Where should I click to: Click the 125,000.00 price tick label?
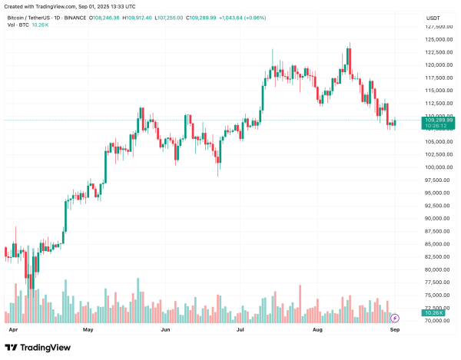pos(435,28)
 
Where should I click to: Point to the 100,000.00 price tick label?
pos(435,167)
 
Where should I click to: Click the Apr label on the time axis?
pos(12,329)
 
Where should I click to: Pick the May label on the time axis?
pos(88,329)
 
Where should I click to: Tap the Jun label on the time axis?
pos(165,329)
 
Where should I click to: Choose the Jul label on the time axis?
pos(240,329)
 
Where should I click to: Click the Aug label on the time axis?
pos(318,329)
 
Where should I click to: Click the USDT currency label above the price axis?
pos(433,17)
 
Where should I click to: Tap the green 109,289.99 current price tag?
pos(437,121)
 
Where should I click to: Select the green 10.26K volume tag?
pos(434,313)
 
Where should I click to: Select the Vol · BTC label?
pos(16,25)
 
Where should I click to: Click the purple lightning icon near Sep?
pos(395,317)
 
